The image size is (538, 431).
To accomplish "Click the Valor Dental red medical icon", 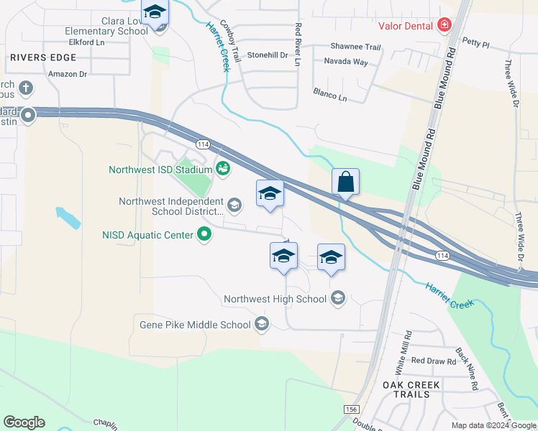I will point(444,26).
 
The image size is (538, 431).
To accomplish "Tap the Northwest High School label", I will point(275,299).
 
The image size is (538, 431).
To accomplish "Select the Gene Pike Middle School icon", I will point(262,325).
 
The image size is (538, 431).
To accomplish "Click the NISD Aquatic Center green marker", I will point(204,234).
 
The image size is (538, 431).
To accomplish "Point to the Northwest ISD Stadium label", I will point(160,170).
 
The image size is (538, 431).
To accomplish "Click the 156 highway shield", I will point(351,408).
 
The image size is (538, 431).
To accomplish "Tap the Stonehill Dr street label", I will point(268,55).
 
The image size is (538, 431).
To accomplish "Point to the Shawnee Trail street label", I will point(355,47).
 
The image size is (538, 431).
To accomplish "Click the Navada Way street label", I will point(345,62).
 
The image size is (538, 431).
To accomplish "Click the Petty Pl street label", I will point(475,44).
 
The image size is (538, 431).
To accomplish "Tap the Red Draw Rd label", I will point(433,361).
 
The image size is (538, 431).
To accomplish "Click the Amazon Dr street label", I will point(67,73).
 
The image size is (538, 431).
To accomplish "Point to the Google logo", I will point(24,422).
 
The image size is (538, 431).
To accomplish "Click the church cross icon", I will point(25,88).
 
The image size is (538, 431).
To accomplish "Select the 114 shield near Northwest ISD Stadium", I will point(204,144).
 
